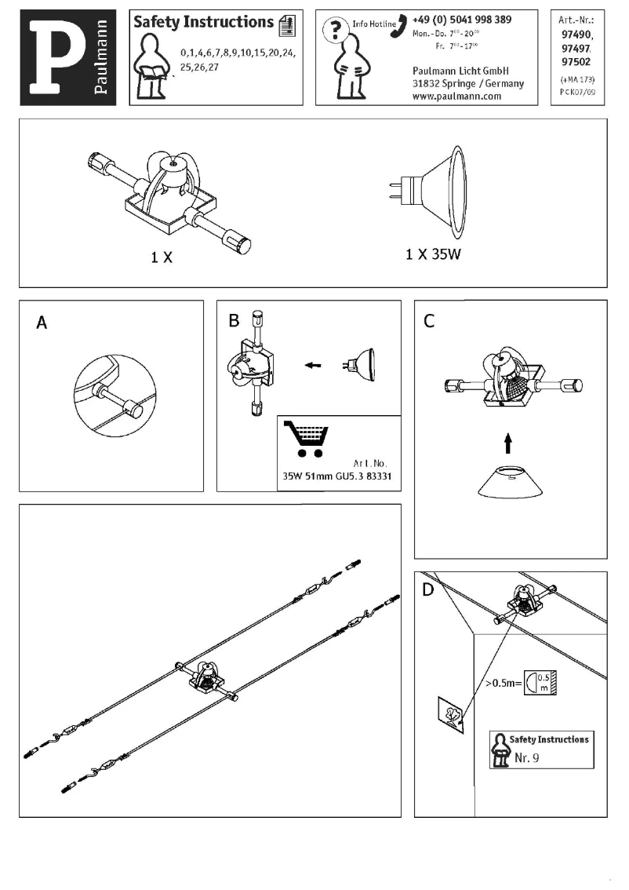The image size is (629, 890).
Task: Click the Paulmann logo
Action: (68, 57)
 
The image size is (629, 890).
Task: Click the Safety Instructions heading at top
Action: (203, 22)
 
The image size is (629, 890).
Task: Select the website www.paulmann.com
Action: (456, 97)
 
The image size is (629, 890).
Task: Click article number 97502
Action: (576, 62)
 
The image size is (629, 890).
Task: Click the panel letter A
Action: (42, 323)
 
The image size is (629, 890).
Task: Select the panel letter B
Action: (234, 320)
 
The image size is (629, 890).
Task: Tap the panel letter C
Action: (429, 320)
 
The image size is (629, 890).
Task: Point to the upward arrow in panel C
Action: (507, 444)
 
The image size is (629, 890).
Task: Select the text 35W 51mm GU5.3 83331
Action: (337, 476)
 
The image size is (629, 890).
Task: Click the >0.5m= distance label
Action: (504, 683)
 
